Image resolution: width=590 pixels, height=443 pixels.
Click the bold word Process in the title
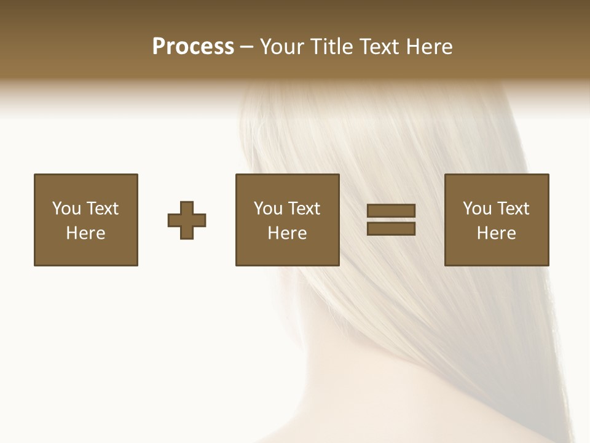pos(193,47)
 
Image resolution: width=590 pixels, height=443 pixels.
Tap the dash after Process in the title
pos(247,47)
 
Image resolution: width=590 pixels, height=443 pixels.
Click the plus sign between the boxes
pos(187,220)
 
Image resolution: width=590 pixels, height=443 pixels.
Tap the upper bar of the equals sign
pos(391,211)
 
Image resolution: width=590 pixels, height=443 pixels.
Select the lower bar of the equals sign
pos(391,228)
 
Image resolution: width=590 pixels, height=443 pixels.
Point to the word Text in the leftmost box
pos(101,209)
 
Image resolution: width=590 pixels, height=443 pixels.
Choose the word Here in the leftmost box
pos(85,233)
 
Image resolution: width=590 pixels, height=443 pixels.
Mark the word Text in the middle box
pos(303,209)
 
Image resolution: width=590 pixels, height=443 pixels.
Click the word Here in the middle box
pos(287,233)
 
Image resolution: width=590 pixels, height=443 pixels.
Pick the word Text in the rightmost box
pos(512,209)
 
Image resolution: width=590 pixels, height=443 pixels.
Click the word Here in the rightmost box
pos(496,233)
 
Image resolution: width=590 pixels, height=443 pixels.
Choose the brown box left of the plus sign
pos(85,252)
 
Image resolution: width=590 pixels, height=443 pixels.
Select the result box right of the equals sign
pos(496,252)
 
